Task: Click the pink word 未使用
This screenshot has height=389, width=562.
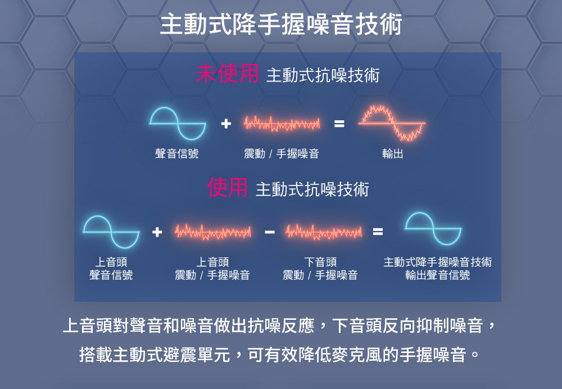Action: click(x=227, y=74)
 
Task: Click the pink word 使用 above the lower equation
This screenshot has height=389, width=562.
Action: click(x=227, y=188)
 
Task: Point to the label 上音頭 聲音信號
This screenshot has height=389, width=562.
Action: click(x=111, y=269)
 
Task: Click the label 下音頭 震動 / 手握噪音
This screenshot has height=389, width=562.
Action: click(x=320, y=269)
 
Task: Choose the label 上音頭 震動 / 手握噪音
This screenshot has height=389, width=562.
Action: click(x=212, y=269)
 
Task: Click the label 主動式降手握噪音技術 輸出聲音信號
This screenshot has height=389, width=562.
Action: click(x=437, y=269)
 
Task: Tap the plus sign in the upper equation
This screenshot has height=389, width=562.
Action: click(x=225, y=124)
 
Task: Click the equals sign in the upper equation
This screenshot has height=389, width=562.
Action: click(x=338, y=124)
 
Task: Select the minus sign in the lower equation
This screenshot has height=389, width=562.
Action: click(x=269, y=231)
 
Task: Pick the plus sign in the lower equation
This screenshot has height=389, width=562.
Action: click(x=157, y=231)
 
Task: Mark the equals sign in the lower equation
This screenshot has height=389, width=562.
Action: click(x=378, y=231)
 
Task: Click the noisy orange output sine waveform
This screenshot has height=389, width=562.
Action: click(x=392, y=123)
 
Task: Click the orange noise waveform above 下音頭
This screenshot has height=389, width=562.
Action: click(x=323, y=231)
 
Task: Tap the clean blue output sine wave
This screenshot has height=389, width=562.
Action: click(x=433, y=229)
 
